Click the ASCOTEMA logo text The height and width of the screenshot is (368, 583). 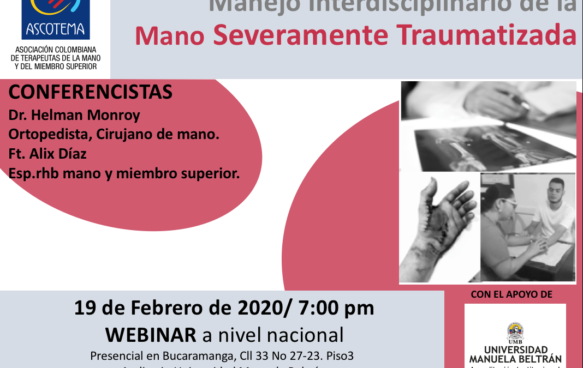(55, 28)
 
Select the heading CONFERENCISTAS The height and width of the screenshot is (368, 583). (91, 93)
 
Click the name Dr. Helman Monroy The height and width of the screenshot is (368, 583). (74, 116)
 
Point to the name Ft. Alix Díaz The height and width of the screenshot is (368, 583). (47, 154)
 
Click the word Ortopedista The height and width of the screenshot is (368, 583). (48, 135)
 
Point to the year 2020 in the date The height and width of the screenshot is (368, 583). (255, 308)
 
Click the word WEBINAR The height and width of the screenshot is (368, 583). (151, 334)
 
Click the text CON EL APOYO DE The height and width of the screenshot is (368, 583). (511, 295)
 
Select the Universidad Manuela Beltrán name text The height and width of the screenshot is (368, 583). (515, 354)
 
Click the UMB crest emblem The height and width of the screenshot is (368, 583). (515, 330)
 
